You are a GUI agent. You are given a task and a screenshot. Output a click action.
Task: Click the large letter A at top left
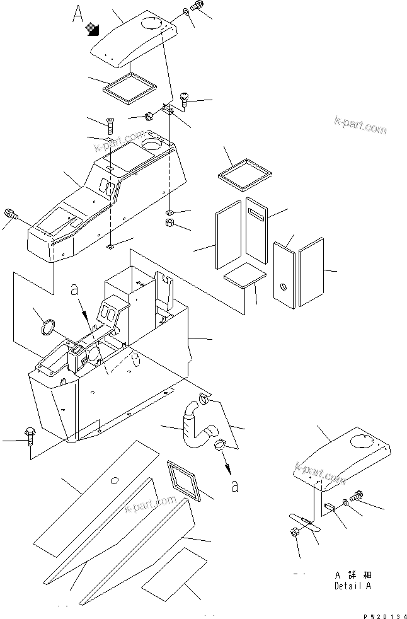tap(78, 13)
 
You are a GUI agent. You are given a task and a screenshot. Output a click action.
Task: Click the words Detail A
tap(353, 586)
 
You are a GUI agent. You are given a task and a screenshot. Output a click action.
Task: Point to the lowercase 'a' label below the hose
tap(234, 486)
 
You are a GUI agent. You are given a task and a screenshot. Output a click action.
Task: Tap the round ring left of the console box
tap(48, 328)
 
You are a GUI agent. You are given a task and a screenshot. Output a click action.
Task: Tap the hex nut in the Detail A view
tap(295, 533)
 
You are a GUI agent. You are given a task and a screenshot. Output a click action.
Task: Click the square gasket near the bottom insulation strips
tap(185, 480)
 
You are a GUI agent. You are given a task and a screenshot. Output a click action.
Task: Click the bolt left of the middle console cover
tap(11, 214)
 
